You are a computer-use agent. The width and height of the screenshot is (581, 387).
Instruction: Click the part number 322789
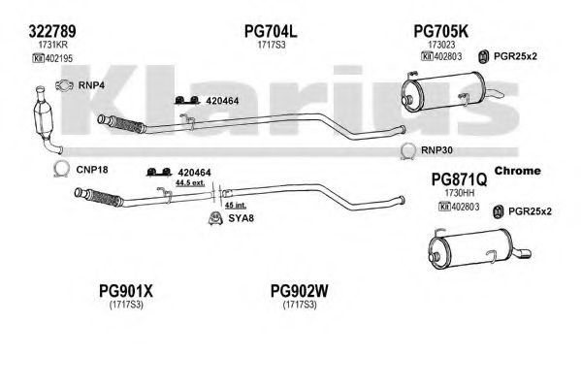tap(52, 31)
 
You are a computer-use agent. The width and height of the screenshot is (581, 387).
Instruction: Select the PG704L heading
tap(271, 31)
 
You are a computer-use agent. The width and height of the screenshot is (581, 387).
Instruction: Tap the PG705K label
tap(440, 31)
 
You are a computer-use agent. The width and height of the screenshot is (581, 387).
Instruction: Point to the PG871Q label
tap(459, 179)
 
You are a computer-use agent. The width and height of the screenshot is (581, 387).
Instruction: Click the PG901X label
tap(126, 291)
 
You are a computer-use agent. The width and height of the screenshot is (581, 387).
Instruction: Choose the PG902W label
tap(300, 291)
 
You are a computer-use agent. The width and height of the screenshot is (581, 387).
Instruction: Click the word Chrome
tap(517, 171)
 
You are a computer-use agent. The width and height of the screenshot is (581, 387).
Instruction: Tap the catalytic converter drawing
tap(46, 118)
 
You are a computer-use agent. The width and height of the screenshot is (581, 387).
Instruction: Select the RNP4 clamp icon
tap(64, 85)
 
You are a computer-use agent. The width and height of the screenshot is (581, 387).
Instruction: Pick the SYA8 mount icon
tap(215, 218)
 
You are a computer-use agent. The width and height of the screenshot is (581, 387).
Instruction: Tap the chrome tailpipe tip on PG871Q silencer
tap(523, 253)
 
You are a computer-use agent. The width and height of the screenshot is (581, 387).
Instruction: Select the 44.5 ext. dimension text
tap(190, 182)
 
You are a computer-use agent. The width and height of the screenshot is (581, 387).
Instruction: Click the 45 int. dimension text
tap(236, 205)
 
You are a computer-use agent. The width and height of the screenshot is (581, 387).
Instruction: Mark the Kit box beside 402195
tap(39, 58)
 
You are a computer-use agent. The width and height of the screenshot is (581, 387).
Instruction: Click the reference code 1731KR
tap(52, 45)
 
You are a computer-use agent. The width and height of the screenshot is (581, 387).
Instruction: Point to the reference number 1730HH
tap(460, 193)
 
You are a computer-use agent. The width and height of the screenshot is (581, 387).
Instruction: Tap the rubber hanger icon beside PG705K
tap(482, 56)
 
